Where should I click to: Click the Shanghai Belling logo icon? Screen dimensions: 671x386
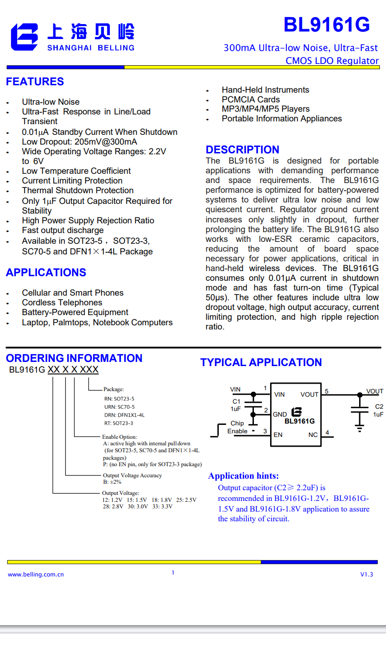(25, 37)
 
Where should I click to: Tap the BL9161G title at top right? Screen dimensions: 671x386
(326, 25)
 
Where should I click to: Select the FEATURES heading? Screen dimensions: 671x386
(35, 82)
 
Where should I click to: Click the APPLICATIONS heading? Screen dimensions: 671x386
(46, 272)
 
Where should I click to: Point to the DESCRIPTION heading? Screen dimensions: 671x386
(242, 150)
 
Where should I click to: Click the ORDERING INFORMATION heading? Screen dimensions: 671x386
(74, 358)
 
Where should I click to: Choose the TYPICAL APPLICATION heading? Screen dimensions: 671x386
(261, 362)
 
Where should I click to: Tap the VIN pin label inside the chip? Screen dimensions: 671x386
(279, 394)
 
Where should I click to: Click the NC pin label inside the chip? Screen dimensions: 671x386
(313, 435)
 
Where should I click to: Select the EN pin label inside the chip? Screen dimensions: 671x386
(278, 435)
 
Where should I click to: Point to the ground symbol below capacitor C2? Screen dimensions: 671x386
(359, 428)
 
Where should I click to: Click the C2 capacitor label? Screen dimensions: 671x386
(379, 406)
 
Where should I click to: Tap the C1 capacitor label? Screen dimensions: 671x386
(236, 401)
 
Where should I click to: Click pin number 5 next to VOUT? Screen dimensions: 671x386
(326, 391)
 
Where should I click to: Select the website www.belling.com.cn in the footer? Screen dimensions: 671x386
(36, 575)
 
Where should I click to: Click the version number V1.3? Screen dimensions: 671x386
(367, 575)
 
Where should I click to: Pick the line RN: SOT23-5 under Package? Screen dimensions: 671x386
(119, 399)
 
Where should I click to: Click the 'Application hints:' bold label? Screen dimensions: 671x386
(243, 476)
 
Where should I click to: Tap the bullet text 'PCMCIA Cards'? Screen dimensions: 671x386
(251, 100)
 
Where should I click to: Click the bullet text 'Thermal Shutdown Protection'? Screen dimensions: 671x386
(77, 190)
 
